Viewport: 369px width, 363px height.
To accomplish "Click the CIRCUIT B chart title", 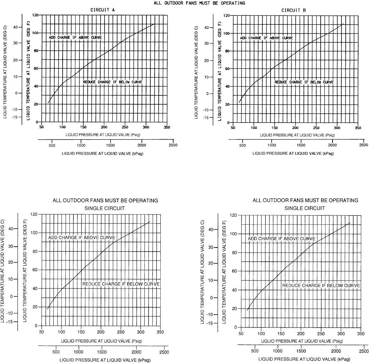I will (293, 10).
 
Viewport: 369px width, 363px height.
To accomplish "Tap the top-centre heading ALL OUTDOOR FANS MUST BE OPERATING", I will (199, 3).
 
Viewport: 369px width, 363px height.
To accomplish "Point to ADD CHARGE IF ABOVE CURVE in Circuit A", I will (75, 37).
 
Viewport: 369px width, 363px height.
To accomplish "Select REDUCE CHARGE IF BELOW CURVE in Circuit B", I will (304, 82).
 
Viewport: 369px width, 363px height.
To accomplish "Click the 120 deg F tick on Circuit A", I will (35, 15).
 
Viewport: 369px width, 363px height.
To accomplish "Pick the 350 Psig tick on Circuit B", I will (357, 128).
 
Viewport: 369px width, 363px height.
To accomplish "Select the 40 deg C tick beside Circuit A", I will (15, 27).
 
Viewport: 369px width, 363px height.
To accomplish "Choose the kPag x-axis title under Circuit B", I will (293, 153).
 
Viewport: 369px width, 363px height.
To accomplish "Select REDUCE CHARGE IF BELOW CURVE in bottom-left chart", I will (121, 284).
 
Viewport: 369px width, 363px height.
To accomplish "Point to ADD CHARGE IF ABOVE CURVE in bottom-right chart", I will (281, 239).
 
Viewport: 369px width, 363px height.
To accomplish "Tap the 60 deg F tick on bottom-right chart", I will (234, 271).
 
